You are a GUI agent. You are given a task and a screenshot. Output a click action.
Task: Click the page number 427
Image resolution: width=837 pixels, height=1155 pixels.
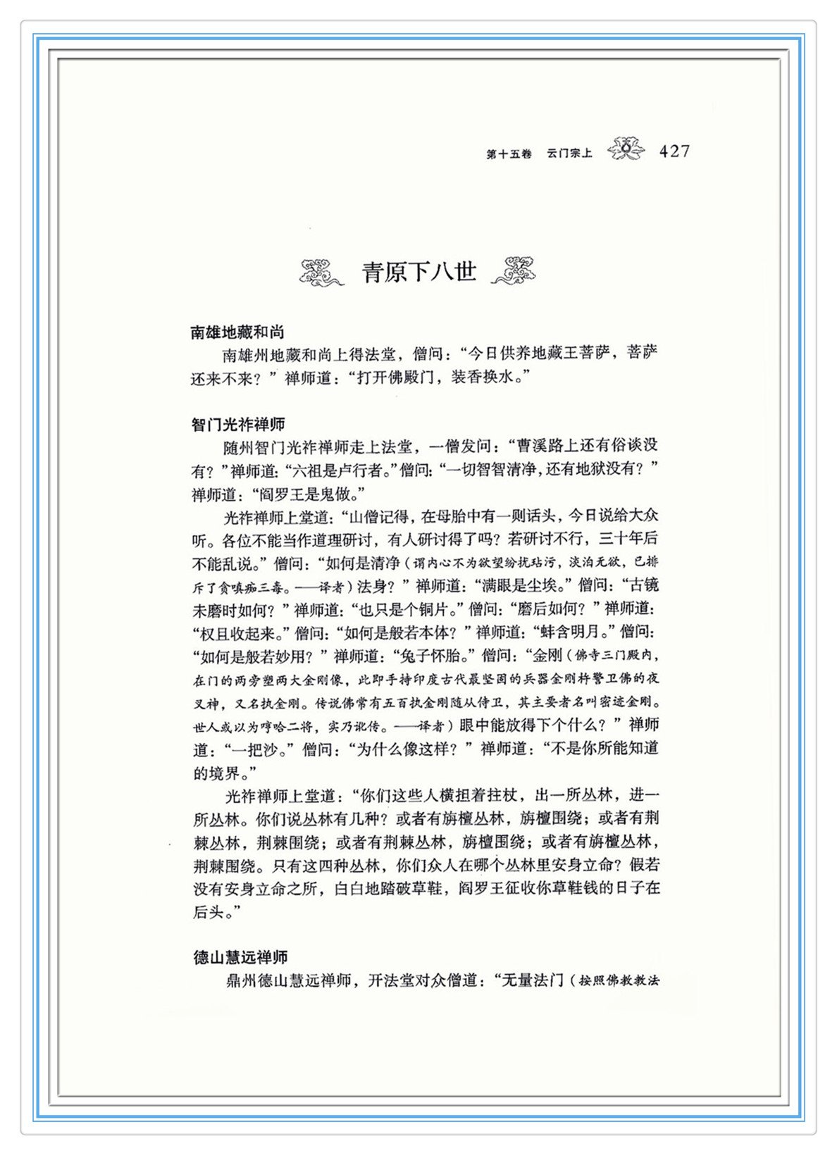tap(674, 151)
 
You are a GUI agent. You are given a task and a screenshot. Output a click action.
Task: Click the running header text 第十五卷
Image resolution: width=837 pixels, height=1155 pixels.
tap(509, 154)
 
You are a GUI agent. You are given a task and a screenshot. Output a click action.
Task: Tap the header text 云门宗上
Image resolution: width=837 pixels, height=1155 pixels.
tap(569, 154)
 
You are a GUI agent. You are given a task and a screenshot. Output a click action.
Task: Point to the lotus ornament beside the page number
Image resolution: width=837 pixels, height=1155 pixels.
tap(626, 149)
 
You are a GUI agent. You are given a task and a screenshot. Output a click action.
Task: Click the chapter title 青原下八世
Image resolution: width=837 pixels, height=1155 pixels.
tap(419, 272)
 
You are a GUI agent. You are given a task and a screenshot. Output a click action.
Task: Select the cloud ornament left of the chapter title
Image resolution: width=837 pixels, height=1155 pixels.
tap(321, 273)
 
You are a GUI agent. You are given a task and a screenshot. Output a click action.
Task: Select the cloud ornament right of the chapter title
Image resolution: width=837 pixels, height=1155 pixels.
tap(514, 271)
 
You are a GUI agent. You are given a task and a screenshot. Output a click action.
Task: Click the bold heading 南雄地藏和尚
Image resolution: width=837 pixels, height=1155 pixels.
tap(237, 332)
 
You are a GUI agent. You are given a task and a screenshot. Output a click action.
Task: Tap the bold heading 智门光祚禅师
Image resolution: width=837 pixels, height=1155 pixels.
tap(238, 425)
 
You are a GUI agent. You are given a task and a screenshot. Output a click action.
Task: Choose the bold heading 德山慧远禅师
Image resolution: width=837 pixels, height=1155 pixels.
tap(240, 957)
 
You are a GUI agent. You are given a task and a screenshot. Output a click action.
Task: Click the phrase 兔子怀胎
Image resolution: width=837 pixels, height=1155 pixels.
tap(429, 656)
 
